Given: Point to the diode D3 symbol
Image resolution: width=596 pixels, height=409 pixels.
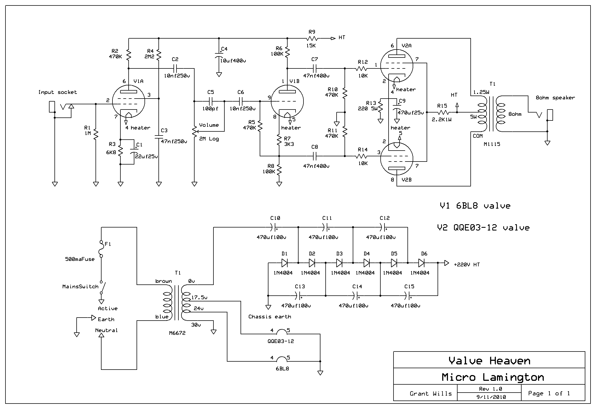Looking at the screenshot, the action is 339,263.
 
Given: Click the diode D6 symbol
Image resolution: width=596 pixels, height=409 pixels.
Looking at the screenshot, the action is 421,263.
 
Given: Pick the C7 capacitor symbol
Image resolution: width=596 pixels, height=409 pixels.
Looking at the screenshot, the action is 315,68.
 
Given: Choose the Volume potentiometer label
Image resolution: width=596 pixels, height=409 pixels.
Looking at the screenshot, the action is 209,125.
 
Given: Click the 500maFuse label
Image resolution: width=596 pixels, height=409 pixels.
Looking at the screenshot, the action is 80,259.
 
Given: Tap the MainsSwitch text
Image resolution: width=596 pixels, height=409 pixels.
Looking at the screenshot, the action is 80,287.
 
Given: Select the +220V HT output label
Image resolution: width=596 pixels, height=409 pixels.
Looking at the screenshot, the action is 467,265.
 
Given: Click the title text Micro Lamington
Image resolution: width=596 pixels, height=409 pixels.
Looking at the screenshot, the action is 493,377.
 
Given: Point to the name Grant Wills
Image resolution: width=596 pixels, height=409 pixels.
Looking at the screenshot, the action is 431,394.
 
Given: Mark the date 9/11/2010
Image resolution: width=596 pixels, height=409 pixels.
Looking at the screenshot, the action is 491,397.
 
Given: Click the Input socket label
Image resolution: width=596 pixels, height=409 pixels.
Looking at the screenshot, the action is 57,92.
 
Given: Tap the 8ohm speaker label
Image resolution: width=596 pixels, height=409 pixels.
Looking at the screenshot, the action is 555,98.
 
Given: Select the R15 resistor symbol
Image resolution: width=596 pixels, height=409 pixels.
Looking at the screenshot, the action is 443,112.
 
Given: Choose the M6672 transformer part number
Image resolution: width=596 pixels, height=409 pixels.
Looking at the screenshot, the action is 177,333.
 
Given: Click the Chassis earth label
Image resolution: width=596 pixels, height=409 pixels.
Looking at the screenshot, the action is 270,317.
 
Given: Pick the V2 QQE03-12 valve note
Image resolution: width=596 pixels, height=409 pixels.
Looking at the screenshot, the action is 483,227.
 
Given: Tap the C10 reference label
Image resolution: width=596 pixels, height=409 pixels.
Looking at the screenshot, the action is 275,218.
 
